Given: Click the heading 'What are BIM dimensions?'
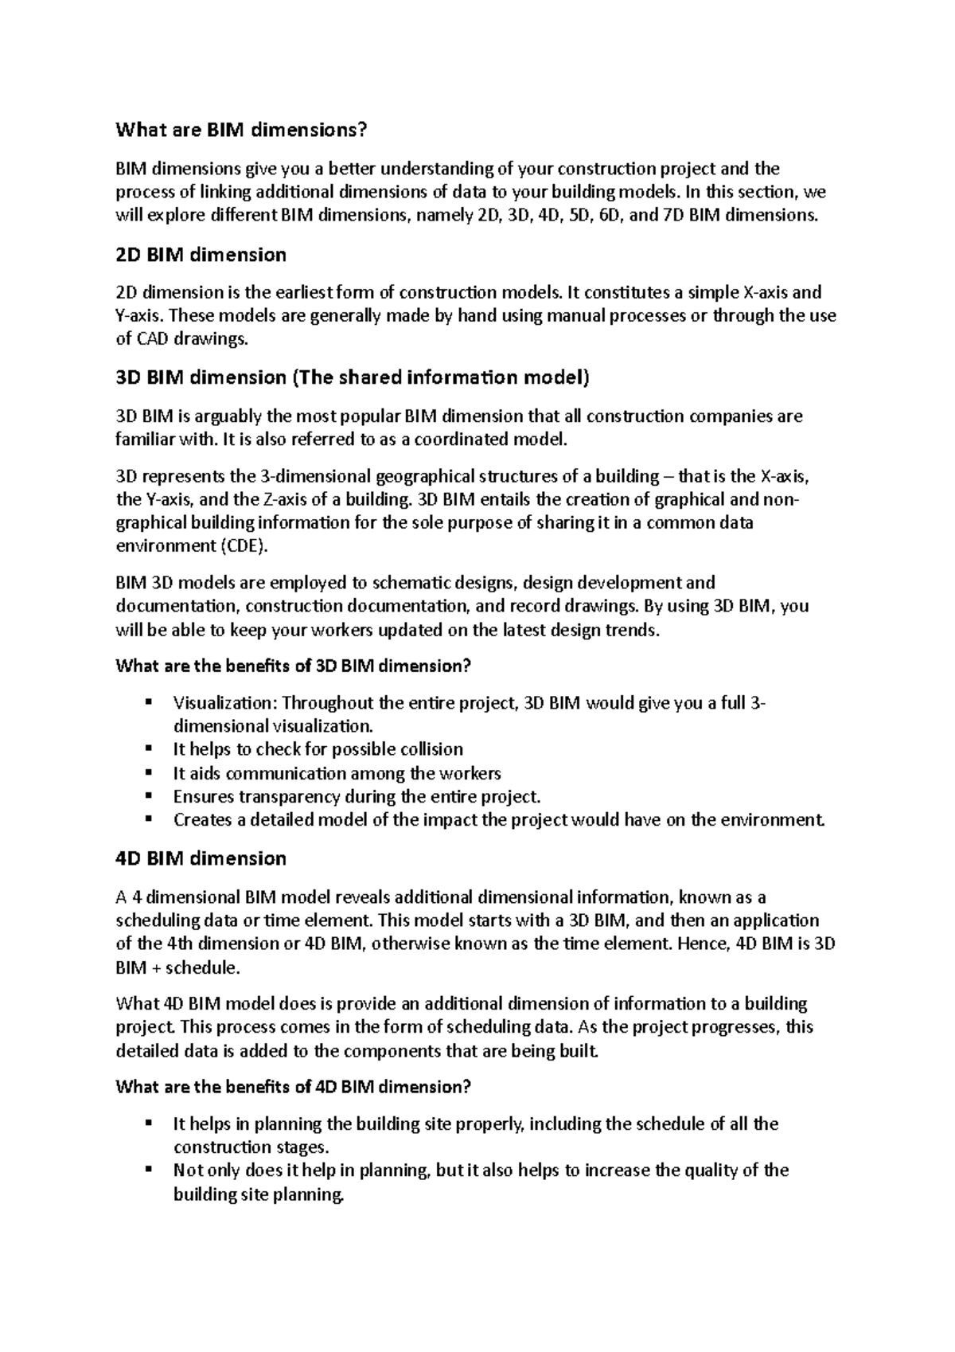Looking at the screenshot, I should coord(243,129).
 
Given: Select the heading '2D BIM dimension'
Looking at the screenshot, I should coord(201,255).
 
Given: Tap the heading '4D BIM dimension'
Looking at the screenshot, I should coord(201,858).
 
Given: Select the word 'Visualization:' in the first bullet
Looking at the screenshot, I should coord(225,703).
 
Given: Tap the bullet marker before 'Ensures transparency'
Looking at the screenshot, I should coord(148,795).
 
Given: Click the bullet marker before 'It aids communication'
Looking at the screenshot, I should coord(148,772).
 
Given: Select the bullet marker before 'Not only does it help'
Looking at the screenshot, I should coord(148,1170).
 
